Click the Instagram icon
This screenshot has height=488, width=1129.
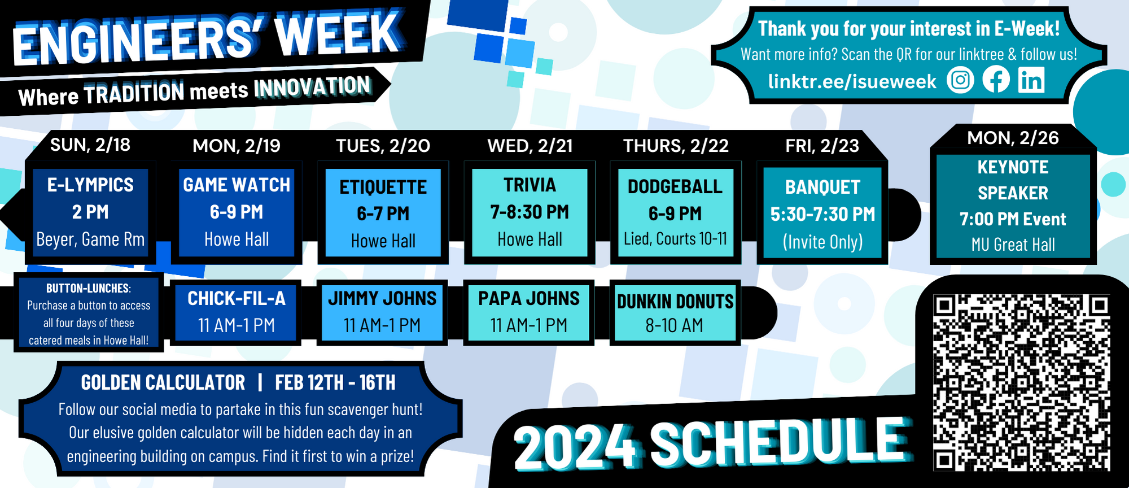pyautogui.click(x=960, y=80)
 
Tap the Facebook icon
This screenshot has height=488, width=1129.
pyautogui.click(x=996, y=80)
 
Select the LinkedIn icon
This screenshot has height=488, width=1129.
pyautogui.click(x=1032, y=80)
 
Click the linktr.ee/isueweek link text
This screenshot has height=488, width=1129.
pyautogui.click(x=852, y=82)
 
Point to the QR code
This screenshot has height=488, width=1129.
pyautogui.click(x=1022, y=382)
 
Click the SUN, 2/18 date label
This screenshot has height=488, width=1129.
pyautogui.click(x=90, y=145)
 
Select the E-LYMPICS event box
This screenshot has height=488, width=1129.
pyautogui.click(x=90, y=213)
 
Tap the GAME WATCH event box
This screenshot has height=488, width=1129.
pyautogui.click(x=237, y=213)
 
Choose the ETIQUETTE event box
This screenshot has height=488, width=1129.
pyautogui.click(x=383, y=213)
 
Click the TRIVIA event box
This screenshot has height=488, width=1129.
pyautogui.click(x=530, y=213)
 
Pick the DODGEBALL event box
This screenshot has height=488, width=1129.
pyautogui.click(x=676, y=213)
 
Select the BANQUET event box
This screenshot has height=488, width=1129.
pyautogui.click(x=822, y=213)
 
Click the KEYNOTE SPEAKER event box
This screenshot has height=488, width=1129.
pyautogui.click(x=1013, y=206)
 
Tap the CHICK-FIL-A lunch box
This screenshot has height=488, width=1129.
pyautogui.click(x=236, y=312)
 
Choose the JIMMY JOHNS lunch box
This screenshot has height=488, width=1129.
pyautogui.click(x=382, y=312)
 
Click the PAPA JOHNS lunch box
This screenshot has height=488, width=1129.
pyautogui.click(x=529, y=312)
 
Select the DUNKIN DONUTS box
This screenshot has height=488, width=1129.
pyautogui.click(x=675, y=312)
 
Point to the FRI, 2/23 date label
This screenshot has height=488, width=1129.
pyautogui.click(x=822, y=146)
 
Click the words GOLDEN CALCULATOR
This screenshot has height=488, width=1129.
pyautogui.click(x=163, y=382)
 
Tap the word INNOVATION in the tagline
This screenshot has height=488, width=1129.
pyautogui.click(x=312, y=87)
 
